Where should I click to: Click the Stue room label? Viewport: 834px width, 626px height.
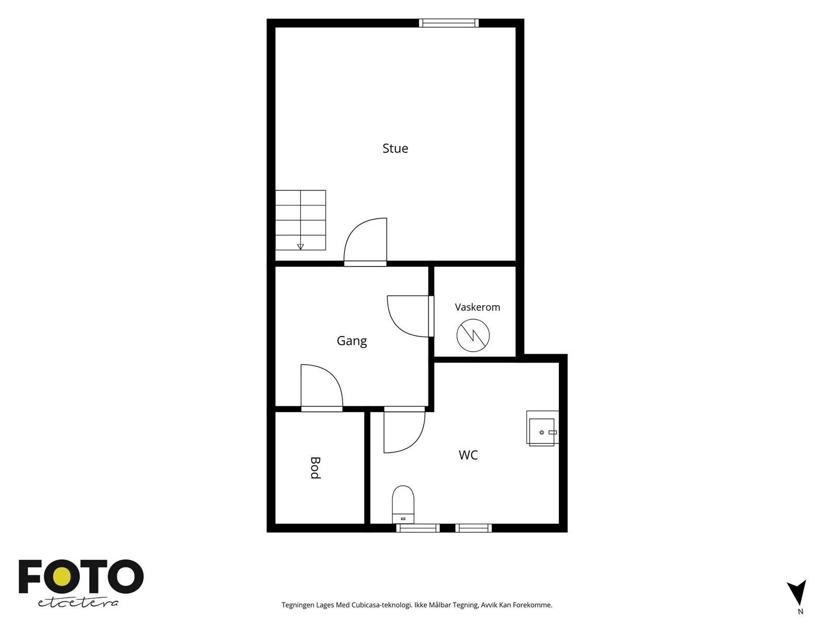[395, 148]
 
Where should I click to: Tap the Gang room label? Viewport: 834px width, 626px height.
[352, 341]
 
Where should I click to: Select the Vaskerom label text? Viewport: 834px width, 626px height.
[477, 307]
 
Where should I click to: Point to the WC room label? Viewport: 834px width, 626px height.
[468, 455]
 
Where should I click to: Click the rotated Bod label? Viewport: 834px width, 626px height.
[315, 468]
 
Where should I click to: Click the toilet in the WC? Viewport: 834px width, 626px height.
[403, 504]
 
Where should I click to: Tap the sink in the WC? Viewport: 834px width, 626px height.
[542, 428]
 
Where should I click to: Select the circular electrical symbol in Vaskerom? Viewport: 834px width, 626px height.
[473, 335]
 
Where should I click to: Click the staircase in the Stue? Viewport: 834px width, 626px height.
[300, 220]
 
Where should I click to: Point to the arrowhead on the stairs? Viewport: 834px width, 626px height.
[300, 247]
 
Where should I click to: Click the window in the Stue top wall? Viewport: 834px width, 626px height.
[449, 23]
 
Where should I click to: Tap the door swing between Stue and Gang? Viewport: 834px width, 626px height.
[365, 242]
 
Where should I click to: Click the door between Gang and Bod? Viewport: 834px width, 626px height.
[322, 388]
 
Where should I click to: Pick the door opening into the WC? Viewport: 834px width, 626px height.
[404, 429]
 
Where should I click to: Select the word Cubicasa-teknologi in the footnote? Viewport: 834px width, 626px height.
[382, 605]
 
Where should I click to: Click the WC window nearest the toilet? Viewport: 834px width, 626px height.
[418, 528]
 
